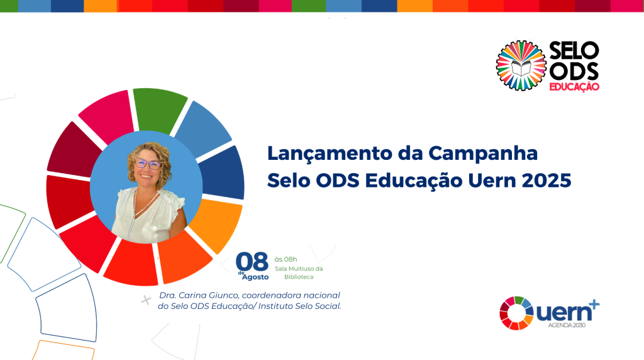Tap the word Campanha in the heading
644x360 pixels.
483,154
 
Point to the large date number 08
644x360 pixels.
252,261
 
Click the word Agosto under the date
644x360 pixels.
255,277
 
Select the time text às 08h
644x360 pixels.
286,259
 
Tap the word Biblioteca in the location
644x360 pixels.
299,277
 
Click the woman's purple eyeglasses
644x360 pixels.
148,164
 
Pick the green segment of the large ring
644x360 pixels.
159,110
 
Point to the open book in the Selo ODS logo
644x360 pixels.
521,67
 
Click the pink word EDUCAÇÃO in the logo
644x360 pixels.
574,87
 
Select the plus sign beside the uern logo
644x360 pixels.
594,305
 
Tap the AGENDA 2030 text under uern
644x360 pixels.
567,325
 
